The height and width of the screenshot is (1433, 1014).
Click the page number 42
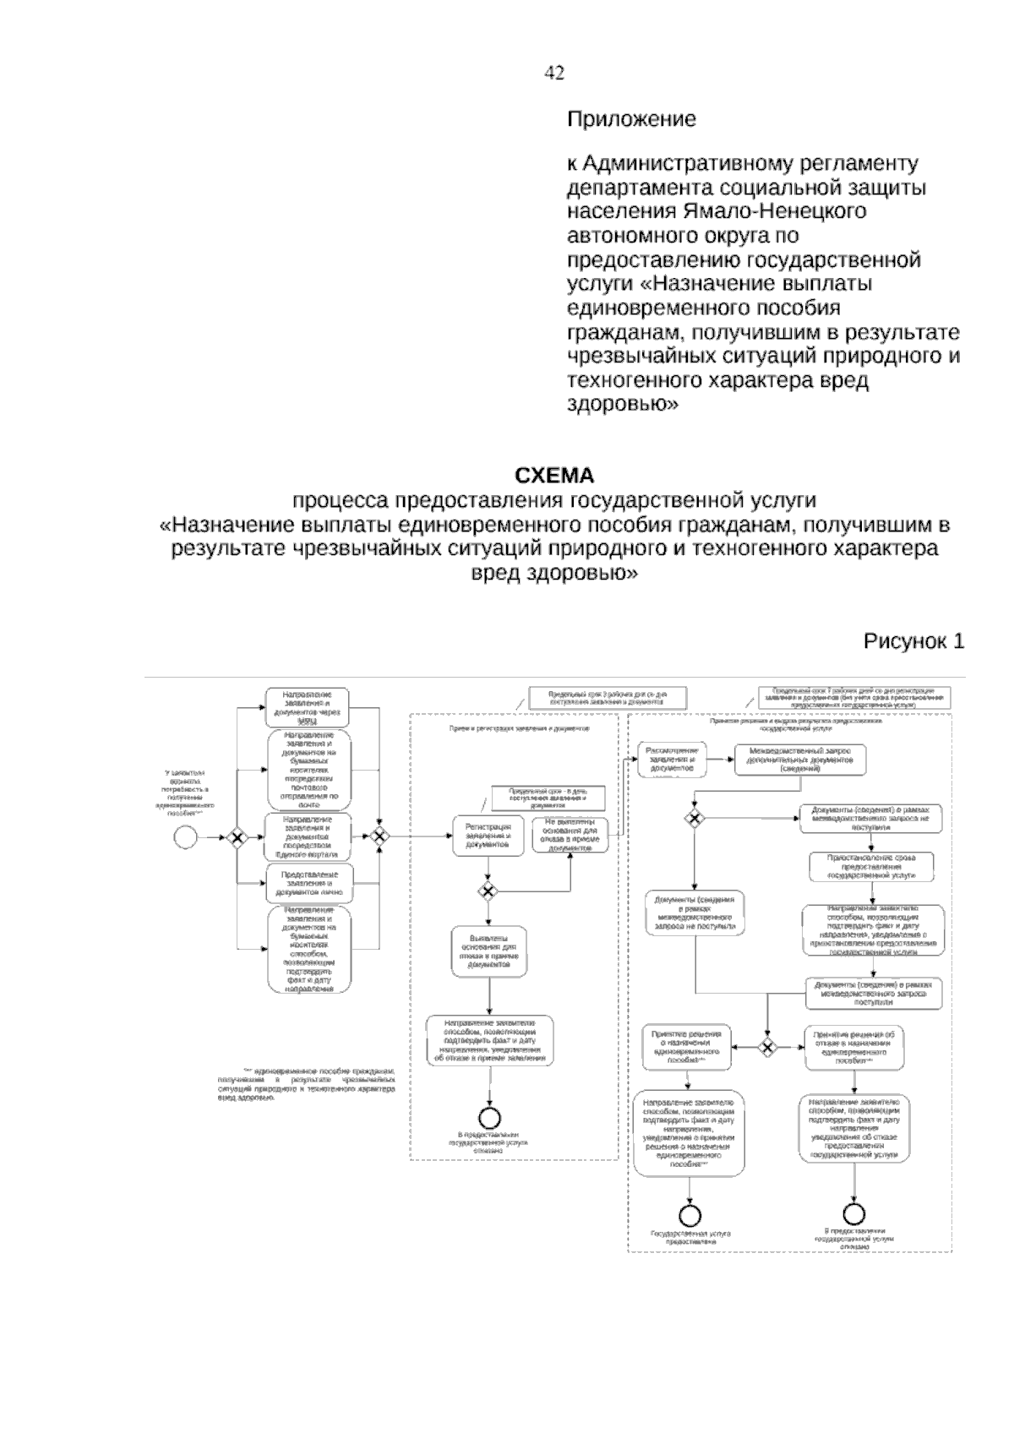[x=554, y=74]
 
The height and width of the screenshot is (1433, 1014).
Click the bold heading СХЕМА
[x=554, y=475]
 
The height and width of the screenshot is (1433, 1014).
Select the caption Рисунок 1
[x=913, y=641]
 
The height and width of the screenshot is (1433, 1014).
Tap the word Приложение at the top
[x=630, y=119]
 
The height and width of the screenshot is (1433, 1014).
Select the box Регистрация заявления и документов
[x=488, y=836]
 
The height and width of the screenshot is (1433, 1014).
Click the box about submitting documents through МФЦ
[x=308, y=708]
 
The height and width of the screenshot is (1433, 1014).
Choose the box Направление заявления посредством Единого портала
[x=308, y=836]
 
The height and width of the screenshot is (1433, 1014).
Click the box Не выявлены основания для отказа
[x=570, y=836]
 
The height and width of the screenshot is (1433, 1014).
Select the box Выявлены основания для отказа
[x=488, y=953]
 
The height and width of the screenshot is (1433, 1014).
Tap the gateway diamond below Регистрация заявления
[x=488, y=890]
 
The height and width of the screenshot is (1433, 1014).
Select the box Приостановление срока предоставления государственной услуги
[x=871, y=866]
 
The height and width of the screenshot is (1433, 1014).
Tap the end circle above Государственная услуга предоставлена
[x=690, y=1214]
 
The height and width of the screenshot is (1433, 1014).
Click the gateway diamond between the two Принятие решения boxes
[x=767, y=1048]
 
